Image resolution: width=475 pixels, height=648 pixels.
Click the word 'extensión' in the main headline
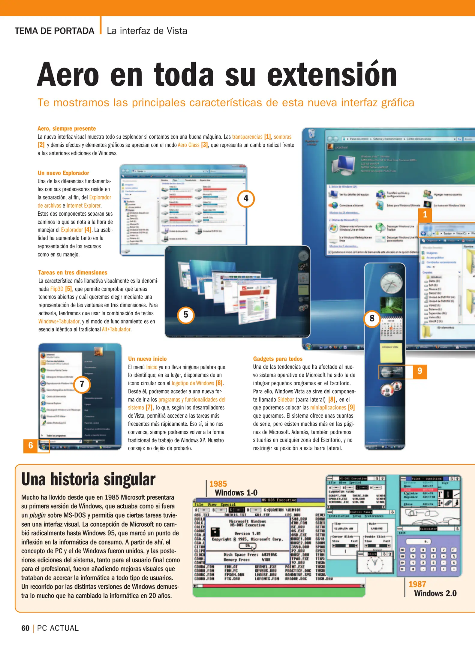coord(332,75)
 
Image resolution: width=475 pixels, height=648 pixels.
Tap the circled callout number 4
coord(246,198)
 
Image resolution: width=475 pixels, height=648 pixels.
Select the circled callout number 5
coord(186,315)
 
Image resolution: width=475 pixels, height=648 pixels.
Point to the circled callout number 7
coord(82,384)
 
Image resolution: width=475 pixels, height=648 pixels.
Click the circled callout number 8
coord(372,318)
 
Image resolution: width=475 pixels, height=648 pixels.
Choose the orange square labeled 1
coord(425,214)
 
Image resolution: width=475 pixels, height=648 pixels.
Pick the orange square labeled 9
coord(420,371)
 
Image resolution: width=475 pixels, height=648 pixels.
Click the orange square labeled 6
coord(30,445)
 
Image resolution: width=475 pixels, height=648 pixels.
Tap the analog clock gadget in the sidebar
coord(391,283)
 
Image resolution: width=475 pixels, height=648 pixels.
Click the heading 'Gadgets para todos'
coord(278,359)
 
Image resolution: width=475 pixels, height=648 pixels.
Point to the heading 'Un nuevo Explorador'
coord(63,173)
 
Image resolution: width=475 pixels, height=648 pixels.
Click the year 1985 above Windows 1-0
coord(218,484)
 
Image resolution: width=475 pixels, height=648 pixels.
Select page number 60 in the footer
coord(25,628)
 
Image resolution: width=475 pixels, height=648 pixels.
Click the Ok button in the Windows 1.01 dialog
coord(247,546)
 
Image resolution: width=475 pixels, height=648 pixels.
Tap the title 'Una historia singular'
coord(88,479)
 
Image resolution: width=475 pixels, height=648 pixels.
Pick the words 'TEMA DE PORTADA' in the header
coord(54,31)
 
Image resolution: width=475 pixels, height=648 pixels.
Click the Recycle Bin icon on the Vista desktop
coord(312,134)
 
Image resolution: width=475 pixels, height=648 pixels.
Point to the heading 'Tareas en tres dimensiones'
coord(73,272)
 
